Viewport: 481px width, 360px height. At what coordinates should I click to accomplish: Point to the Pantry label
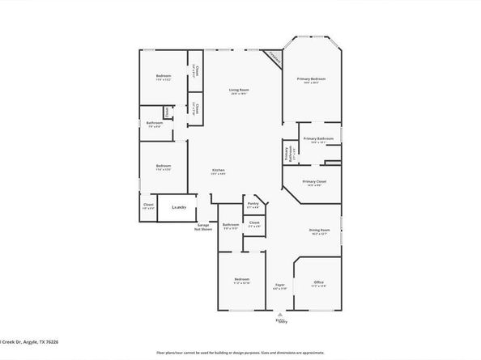click(x=253, y=204)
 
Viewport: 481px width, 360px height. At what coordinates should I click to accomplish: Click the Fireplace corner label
click(x=274, y=59)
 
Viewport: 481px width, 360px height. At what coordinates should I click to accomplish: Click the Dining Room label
click(x=320, y=231)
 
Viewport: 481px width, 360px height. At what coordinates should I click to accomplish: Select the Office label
click(x=318, y=282)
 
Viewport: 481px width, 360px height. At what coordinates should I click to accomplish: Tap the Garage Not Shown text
click(x=202, y=227)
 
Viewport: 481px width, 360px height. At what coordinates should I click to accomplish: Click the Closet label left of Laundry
click(x=148, y=205)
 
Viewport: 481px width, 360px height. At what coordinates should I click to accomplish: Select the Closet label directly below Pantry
click(x=253, y=222)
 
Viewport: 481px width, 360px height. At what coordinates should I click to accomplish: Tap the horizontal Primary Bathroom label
click(x=319, y=139)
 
